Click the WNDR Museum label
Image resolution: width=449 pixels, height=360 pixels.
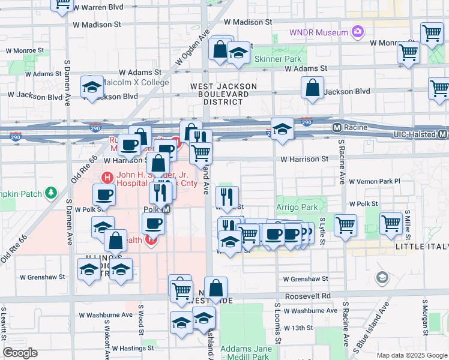319,32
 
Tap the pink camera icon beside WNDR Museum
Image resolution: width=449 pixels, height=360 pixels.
358,31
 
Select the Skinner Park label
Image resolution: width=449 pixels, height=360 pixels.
278,59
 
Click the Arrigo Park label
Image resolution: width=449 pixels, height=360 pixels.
297,207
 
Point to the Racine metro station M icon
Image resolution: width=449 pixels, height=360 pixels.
337,128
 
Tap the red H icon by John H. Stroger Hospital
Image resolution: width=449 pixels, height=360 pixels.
107,178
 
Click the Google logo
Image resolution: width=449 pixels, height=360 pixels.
20,353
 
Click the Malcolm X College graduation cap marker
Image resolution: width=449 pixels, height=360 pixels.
92,88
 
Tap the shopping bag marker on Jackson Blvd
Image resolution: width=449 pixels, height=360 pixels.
313,88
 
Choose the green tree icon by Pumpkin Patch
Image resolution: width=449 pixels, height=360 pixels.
52,193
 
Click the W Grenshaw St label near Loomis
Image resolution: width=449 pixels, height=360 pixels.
306,279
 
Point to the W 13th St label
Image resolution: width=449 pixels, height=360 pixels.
298,328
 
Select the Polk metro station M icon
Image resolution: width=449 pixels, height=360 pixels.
167,209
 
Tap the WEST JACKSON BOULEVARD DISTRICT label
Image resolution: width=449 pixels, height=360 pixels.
223,94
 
